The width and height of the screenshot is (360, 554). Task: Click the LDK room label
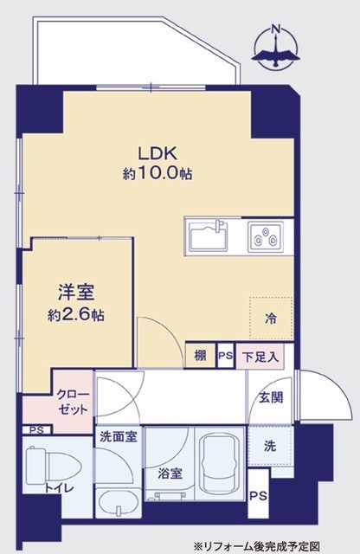157,153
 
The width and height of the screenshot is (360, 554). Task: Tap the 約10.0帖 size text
157,173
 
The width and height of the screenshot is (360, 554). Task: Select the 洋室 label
76,293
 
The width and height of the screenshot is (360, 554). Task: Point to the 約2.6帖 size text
76,314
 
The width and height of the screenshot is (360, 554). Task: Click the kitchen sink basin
209,236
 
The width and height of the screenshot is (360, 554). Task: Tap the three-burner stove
266,236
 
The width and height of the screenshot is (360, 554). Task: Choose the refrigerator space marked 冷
271,319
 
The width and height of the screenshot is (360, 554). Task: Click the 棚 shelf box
200,356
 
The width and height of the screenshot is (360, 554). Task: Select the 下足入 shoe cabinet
260,357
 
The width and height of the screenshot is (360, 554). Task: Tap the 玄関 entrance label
271,398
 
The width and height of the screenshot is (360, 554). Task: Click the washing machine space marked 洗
270,446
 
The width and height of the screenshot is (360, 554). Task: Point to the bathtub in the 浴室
220,463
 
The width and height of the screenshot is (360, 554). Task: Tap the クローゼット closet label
73,402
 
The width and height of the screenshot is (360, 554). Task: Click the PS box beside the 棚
225,356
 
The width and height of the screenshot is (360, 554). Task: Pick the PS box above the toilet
36,430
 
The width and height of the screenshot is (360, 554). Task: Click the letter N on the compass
276,29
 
